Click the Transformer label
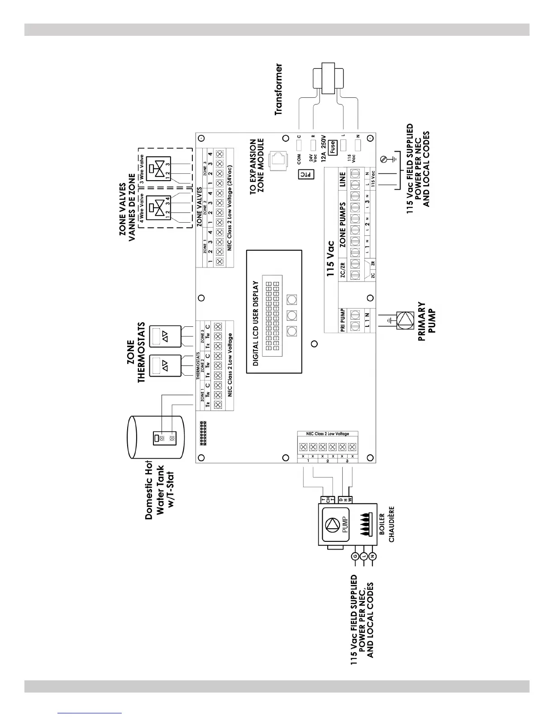tap(279, 89)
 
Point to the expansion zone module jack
tap(277, 159)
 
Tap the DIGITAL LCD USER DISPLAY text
tap(256, 323)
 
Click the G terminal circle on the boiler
tap(355, 556)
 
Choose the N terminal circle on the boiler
tap(373, 556)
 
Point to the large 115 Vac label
tap(330, 258)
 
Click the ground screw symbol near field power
tap(384, 159)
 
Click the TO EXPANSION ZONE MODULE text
tap(257, 167)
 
